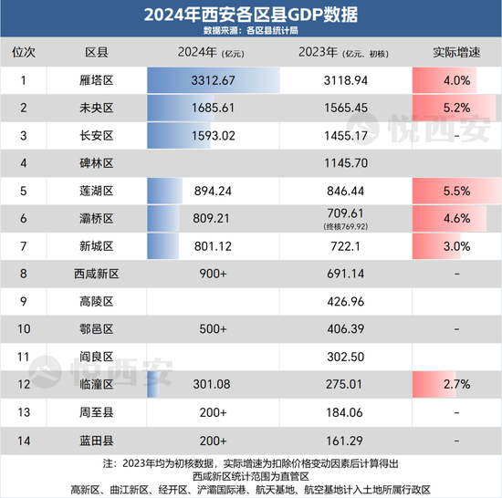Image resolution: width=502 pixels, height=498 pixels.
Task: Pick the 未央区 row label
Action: click(x=97, y=108)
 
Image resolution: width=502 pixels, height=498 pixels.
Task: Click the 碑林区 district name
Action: click(x=97, y=163)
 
